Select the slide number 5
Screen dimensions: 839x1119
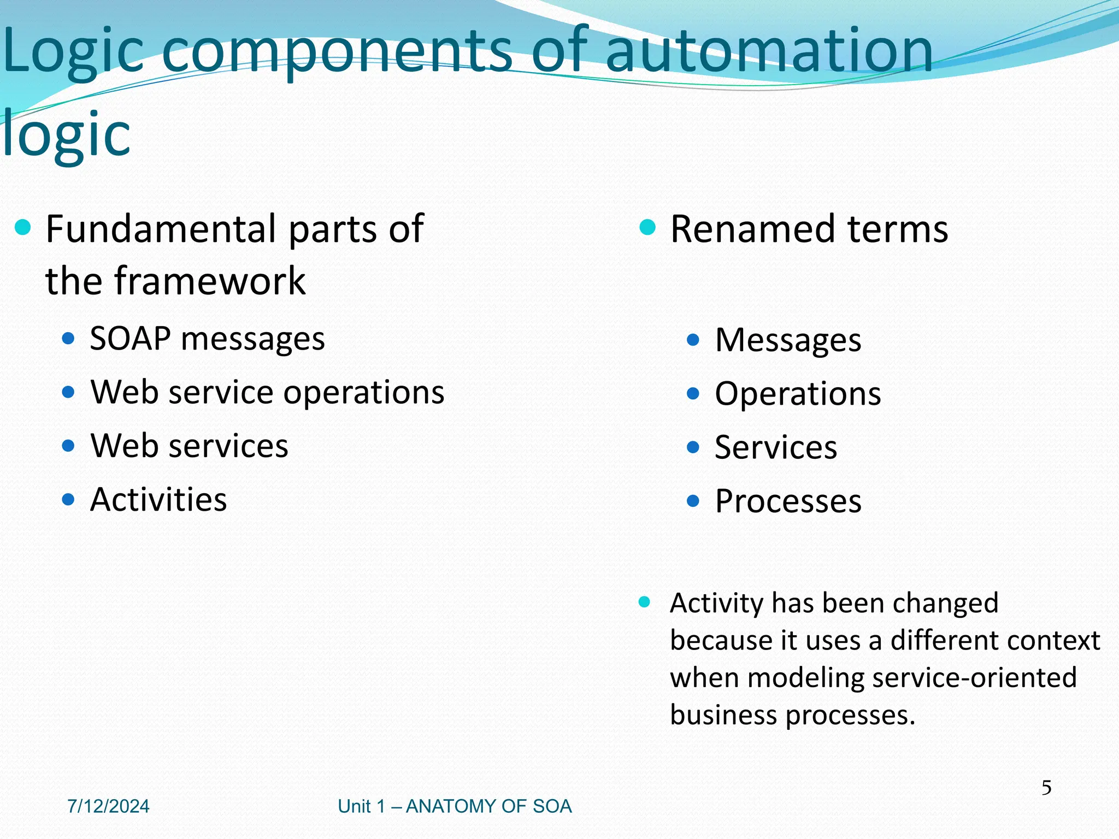pos(1046,788)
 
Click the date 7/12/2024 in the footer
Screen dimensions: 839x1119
pos(108,806)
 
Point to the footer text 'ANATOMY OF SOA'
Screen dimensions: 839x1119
pos(488,806)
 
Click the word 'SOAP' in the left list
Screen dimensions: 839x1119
pos(130,339)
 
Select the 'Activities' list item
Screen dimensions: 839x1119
pos(158,499)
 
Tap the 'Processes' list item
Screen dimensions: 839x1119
pos(788,501)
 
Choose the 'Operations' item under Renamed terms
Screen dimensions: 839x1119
pos(798,393)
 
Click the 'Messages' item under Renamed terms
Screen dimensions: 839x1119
pos(788,340)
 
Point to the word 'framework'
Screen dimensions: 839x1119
pos(210,281)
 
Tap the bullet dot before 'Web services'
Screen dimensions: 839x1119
pos(68,446)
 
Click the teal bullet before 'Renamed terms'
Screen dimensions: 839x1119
pos(647,227)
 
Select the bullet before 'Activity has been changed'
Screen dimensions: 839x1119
pos(645,602)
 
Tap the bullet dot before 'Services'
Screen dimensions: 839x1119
pos(693,447)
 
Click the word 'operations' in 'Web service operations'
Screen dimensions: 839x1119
pos(363,392)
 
